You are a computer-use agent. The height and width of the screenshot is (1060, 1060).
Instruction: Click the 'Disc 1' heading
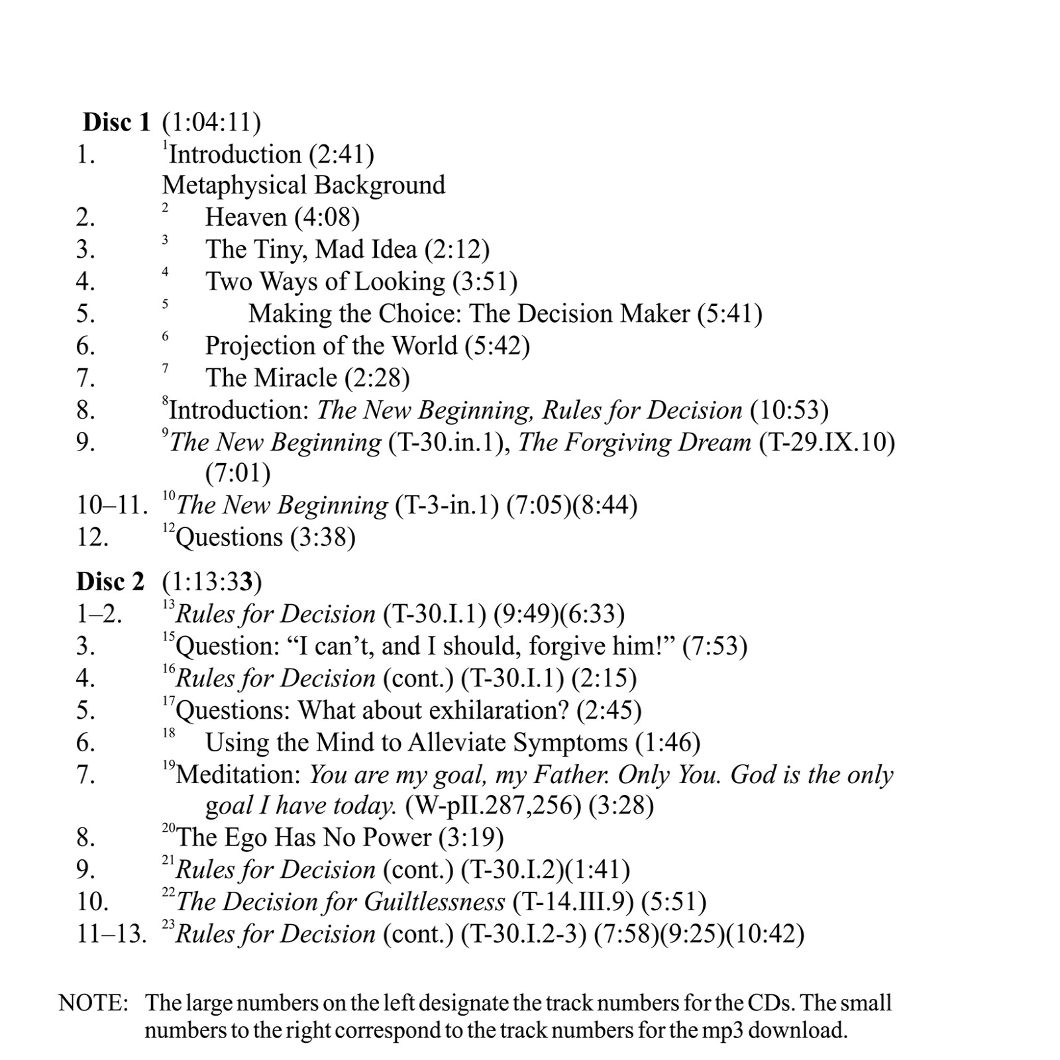tap(117, 123)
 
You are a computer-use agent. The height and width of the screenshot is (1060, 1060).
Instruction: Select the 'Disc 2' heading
tap(110, 582)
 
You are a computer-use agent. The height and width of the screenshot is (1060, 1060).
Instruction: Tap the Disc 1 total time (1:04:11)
tap(211, 123)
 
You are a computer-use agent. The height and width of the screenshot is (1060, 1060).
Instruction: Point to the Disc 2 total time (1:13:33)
tap(212, 582)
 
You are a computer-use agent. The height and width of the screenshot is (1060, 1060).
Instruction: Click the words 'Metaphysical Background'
tap(303, 185)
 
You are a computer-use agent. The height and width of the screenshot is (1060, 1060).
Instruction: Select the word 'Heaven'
tap(246, 217)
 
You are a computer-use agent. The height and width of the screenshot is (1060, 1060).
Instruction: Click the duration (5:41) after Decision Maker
tap(729, 313)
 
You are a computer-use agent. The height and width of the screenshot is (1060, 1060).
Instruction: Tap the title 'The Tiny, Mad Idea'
tap(311, 249)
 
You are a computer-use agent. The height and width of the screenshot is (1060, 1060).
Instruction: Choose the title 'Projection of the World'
tap(331, 346)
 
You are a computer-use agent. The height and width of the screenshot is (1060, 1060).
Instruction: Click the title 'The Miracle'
tap(271, 378)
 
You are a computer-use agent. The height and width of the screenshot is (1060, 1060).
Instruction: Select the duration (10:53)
tap(789, 410)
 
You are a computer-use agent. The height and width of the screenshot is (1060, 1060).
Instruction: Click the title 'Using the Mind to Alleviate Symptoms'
tap(416, 743)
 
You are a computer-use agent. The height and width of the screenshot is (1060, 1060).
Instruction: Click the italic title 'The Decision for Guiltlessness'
tap(341, 902)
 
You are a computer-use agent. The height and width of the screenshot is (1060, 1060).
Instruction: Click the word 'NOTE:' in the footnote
tap(93, 1003)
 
